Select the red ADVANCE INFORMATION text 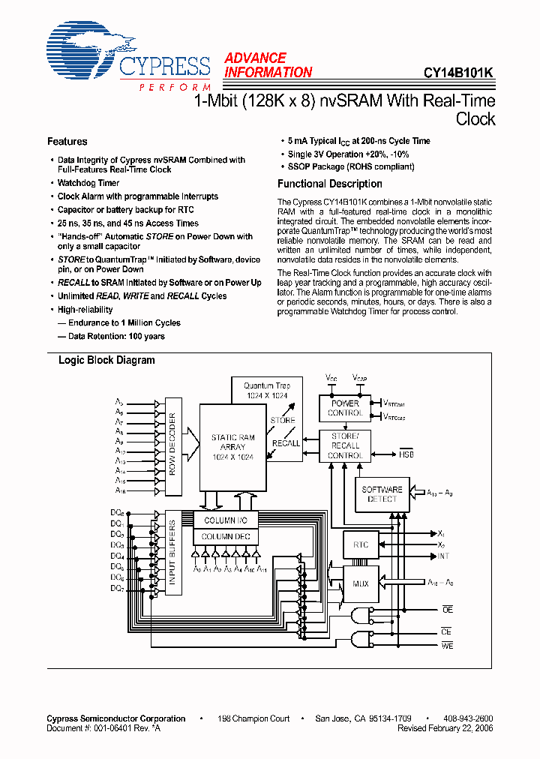(267, 65)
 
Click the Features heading (67, 142)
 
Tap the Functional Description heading (329, 184)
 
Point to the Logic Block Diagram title (106, 360)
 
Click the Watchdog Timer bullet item (88, 183)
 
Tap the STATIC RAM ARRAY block (233, 447)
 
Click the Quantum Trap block (267, 390)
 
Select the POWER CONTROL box (345, 408)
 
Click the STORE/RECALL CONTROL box (345, 445)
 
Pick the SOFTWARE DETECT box (382, 494)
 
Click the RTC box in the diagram (360, 544)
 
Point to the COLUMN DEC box (226, 537)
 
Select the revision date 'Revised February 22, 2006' (445, 728)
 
